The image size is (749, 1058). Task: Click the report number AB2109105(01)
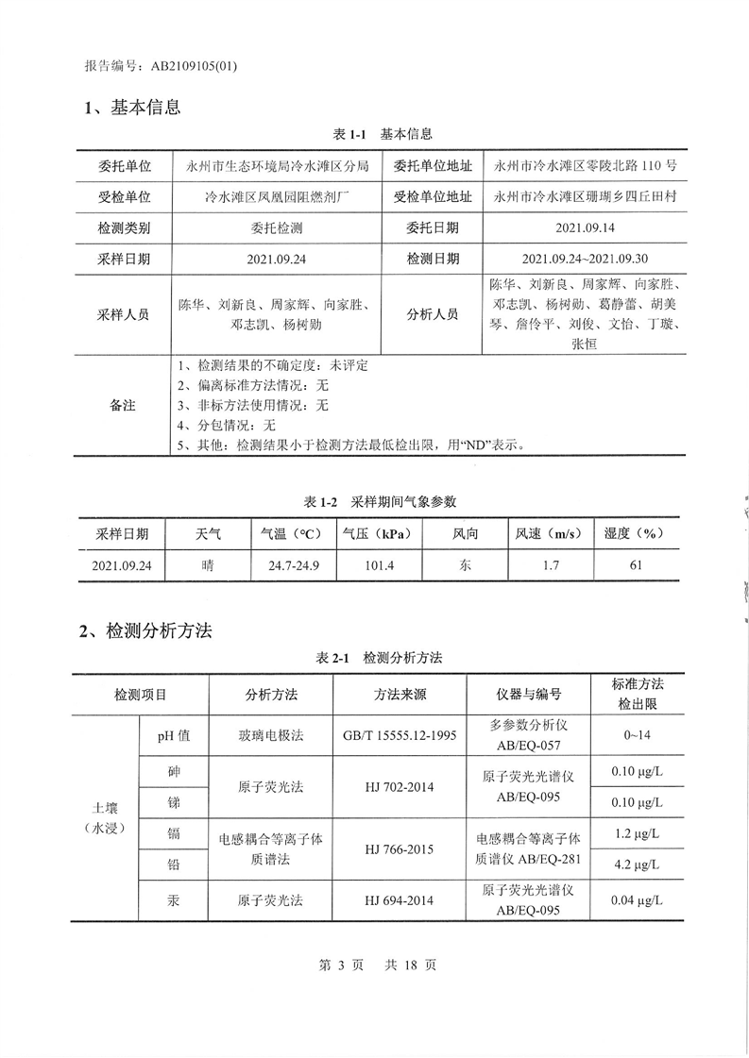pos(188,66)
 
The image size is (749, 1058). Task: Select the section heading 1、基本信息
pos(131,108)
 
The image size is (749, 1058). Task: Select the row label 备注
pos(123,405)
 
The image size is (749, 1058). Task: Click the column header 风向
pos(465,534)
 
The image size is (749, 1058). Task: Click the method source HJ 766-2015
pos(399,848)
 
